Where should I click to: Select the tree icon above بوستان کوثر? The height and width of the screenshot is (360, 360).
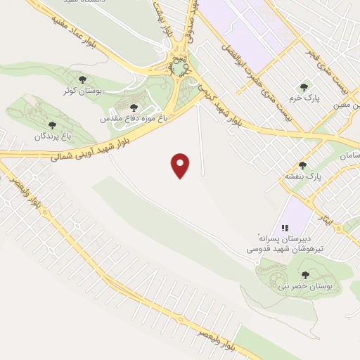click(83, 80)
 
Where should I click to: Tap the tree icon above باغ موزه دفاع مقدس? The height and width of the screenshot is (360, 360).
click(134, 108)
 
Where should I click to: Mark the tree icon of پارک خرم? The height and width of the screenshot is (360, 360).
click(304, 87)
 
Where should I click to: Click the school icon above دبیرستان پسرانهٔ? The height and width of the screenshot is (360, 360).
click(285, 228)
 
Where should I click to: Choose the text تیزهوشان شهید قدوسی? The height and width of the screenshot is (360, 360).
click(281, 248)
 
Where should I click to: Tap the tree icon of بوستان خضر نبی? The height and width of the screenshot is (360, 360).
click(306, 274)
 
